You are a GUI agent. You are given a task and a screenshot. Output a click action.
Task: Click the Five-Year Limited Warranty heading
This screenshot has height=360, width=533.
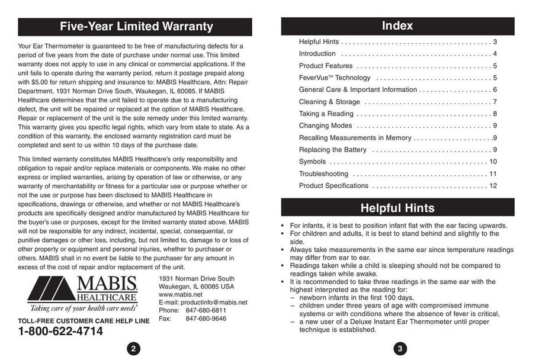tap(136, 27)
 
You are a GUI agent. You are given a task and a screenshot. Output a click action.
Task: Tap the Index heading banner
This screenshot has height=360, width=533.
tap(397, 26)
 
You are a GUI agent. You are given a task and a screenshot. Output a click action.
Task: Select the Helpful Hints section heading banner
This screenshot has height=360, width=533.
tap(397, 208)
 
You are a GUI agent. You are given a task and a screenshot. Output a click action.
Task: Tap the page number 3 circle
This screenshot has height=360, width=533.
tap(400, 349)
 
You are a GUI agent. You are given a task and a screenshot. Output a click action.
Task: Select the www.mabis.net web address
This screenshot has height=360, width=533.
tap(181, 294)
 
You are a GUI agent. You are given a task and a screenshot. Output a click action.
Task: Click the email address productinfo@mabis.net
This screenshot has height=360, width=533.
tap(203, 303)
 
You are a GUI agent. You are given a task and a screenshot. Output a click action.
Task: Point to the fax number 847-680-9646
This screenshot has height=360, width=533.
tap(206, 319)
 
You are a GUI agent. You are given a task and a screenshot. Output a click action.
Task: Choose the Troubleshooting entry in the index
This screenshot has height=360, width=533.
tap(323, 174)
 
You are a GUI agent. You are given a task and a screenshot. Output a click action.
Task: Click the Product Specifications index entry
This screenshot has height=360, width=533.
tap(333, 186)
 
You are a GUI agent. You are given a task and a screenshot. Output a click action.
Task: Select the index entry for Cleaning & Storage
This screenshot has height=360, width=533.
tap(329, 102)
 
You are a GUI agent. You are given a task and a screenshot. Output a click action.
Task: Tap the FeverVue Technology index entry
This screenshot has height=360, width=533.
tap(335, 78)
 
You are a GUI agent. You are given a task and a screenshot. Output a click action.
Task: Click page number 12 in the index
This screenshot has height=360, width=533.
tap(493, 186)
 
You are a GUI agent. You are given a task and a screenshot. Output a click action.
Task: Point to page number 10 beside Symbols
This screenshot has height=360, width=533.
tap(493, 162)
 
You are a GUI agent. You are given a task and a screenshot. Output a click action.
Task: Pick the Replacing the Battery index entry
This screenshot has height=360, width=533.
tap(332, 150)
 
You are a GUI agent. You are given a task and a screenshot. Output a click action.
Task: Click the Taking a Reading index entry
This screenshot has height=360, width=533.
tap(326, 114)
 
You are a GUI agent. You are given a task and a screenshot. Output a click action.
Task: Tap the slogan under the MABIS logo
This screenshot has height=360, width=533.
tap(84, 308)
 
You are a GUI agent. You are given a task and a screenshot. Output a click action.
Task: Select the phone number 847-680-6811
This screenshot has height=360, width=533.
tap(206, 310)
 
